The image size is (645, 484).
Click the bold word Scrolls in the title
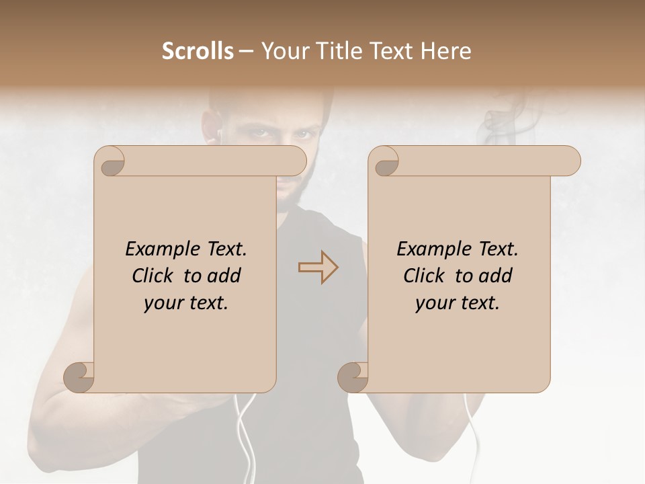click(198, 51)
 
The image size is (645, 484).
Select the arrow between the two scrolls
click(318, 267)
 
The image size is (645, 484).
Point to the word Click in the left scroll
click(155, 276)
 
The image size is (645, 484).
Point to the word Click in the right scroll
click(427, 276)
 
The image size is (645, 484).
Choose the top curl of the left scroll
click(110, 161)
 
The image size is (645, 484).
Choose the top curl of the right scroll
click(384, 161)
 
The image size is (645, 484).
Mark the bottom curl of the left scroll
click(79, 378)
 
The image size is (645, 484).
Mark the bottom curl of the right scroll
click(353, 378)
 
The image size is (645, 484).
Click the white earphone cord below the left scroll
click(245, 430)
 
